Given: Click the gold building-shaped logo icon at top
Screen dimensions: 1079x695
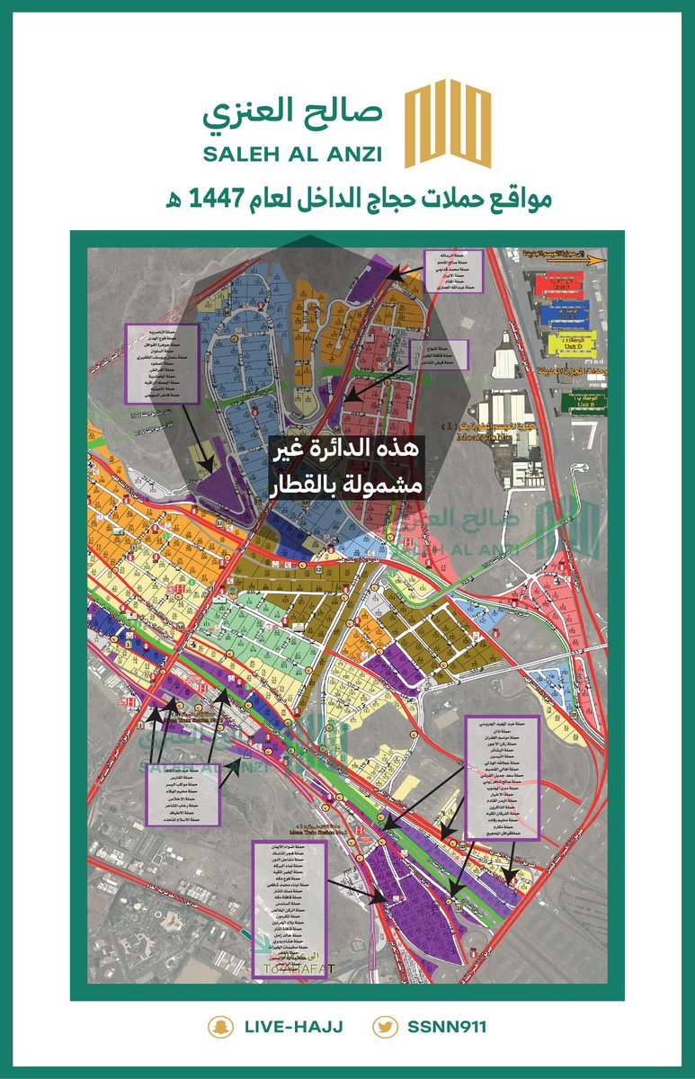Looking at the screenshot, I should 446,125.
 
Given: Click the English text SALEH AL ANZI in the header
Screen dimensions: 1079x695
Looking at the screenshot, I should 292,154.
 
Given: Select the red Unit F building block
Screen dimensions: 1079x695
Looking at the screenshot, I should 559,285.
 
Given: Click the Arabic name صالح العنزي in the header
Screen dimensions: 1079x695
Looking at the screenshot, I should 292,111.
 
